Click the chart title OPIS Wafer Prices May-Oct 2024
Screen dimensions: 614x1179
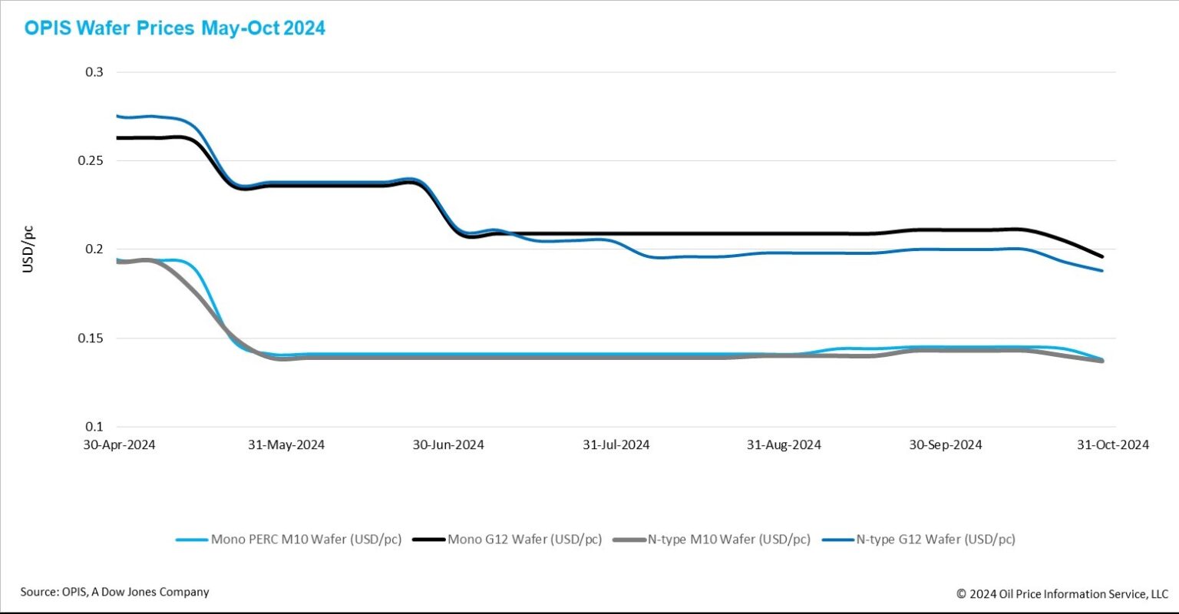175,28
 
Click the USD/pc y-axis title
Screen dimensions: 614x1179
28,249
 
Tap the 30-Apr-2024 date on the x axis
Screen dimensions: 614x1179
120,445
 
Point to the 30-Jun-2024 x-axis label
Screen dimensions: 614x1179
449,445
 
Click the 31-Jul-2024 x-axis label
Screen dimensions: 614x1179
616,445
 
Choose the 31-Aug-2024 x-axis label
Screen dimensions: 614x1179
784,445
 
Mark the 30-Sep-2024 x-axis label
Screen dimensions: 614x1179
946,445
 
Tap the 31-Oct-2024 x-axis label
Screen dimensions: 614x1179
1112,445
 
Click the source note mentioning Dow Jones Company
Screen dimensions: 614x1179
114,592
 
